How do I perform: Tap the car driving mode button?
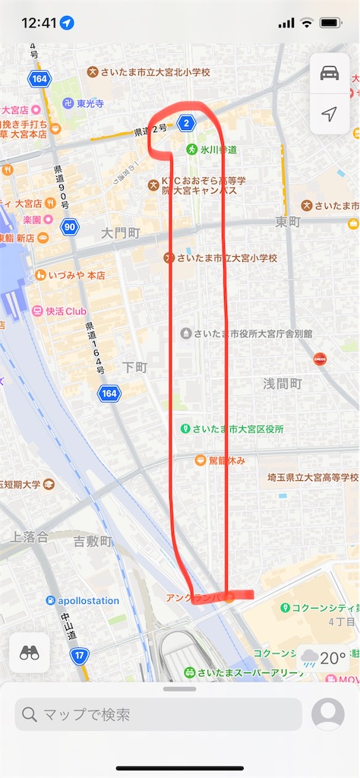click(329, 73)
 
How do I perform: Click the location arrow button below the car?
click(329, 114)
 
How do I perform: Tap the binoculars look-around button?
click(30, 653)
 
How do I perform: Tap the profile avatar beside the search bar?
click(328, 714)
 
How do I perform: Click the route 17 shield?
click(79, 654)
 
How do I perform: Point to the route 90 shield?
click(69, 226)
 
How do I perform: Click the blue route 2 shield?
click(187, 122)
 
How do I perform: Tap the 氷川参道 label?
click(218, 150)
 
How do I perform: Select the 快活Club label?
click(64, 311)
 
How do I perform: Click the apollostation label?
click(89, 600)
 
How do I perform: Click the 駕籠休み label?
click(222, 460)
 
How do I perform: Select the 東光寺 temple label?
click(89, 103)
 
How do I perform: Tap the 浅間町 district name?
click(283, 384)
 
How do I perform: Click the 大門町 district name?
click(122, 232)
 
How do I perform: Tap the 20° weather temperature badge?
click(324, 658)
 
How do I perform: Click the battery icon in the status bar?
click(331, 23)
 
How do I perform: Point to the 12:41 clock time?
click(39, 23)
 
